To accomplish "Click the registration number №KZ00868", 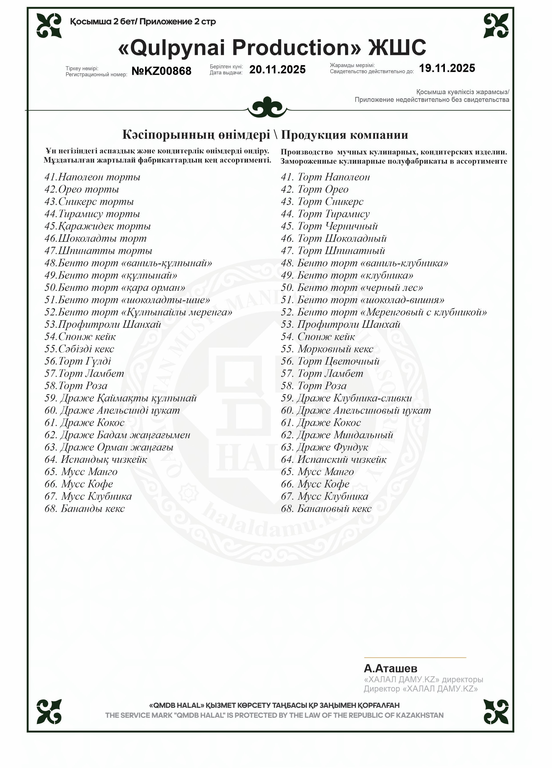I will coord(161,71).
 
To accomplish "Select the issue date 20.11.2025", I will coord(277,69).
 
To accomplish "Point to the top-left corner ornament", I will coord(49,26).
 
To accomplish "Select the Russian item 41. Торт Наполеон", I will coord(325,177).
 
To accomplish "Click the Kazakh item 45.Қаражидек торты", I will coord(98,226).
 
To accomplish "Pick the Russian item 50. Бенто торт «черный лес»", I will coord(352,287).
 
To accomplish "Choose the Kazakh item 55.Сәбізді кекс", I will coord(79,349).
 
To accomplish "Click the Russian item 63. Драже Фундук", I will coord(324,447).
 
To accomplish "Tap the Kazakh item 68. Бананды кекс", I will coord(85,508).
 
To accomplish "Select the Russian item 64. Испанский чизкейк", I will coord(334,459).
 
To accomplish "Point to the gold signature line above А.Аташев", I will coord(415,658).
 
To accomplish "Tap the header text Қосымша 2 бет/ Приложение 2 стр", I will coord(143,22).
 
